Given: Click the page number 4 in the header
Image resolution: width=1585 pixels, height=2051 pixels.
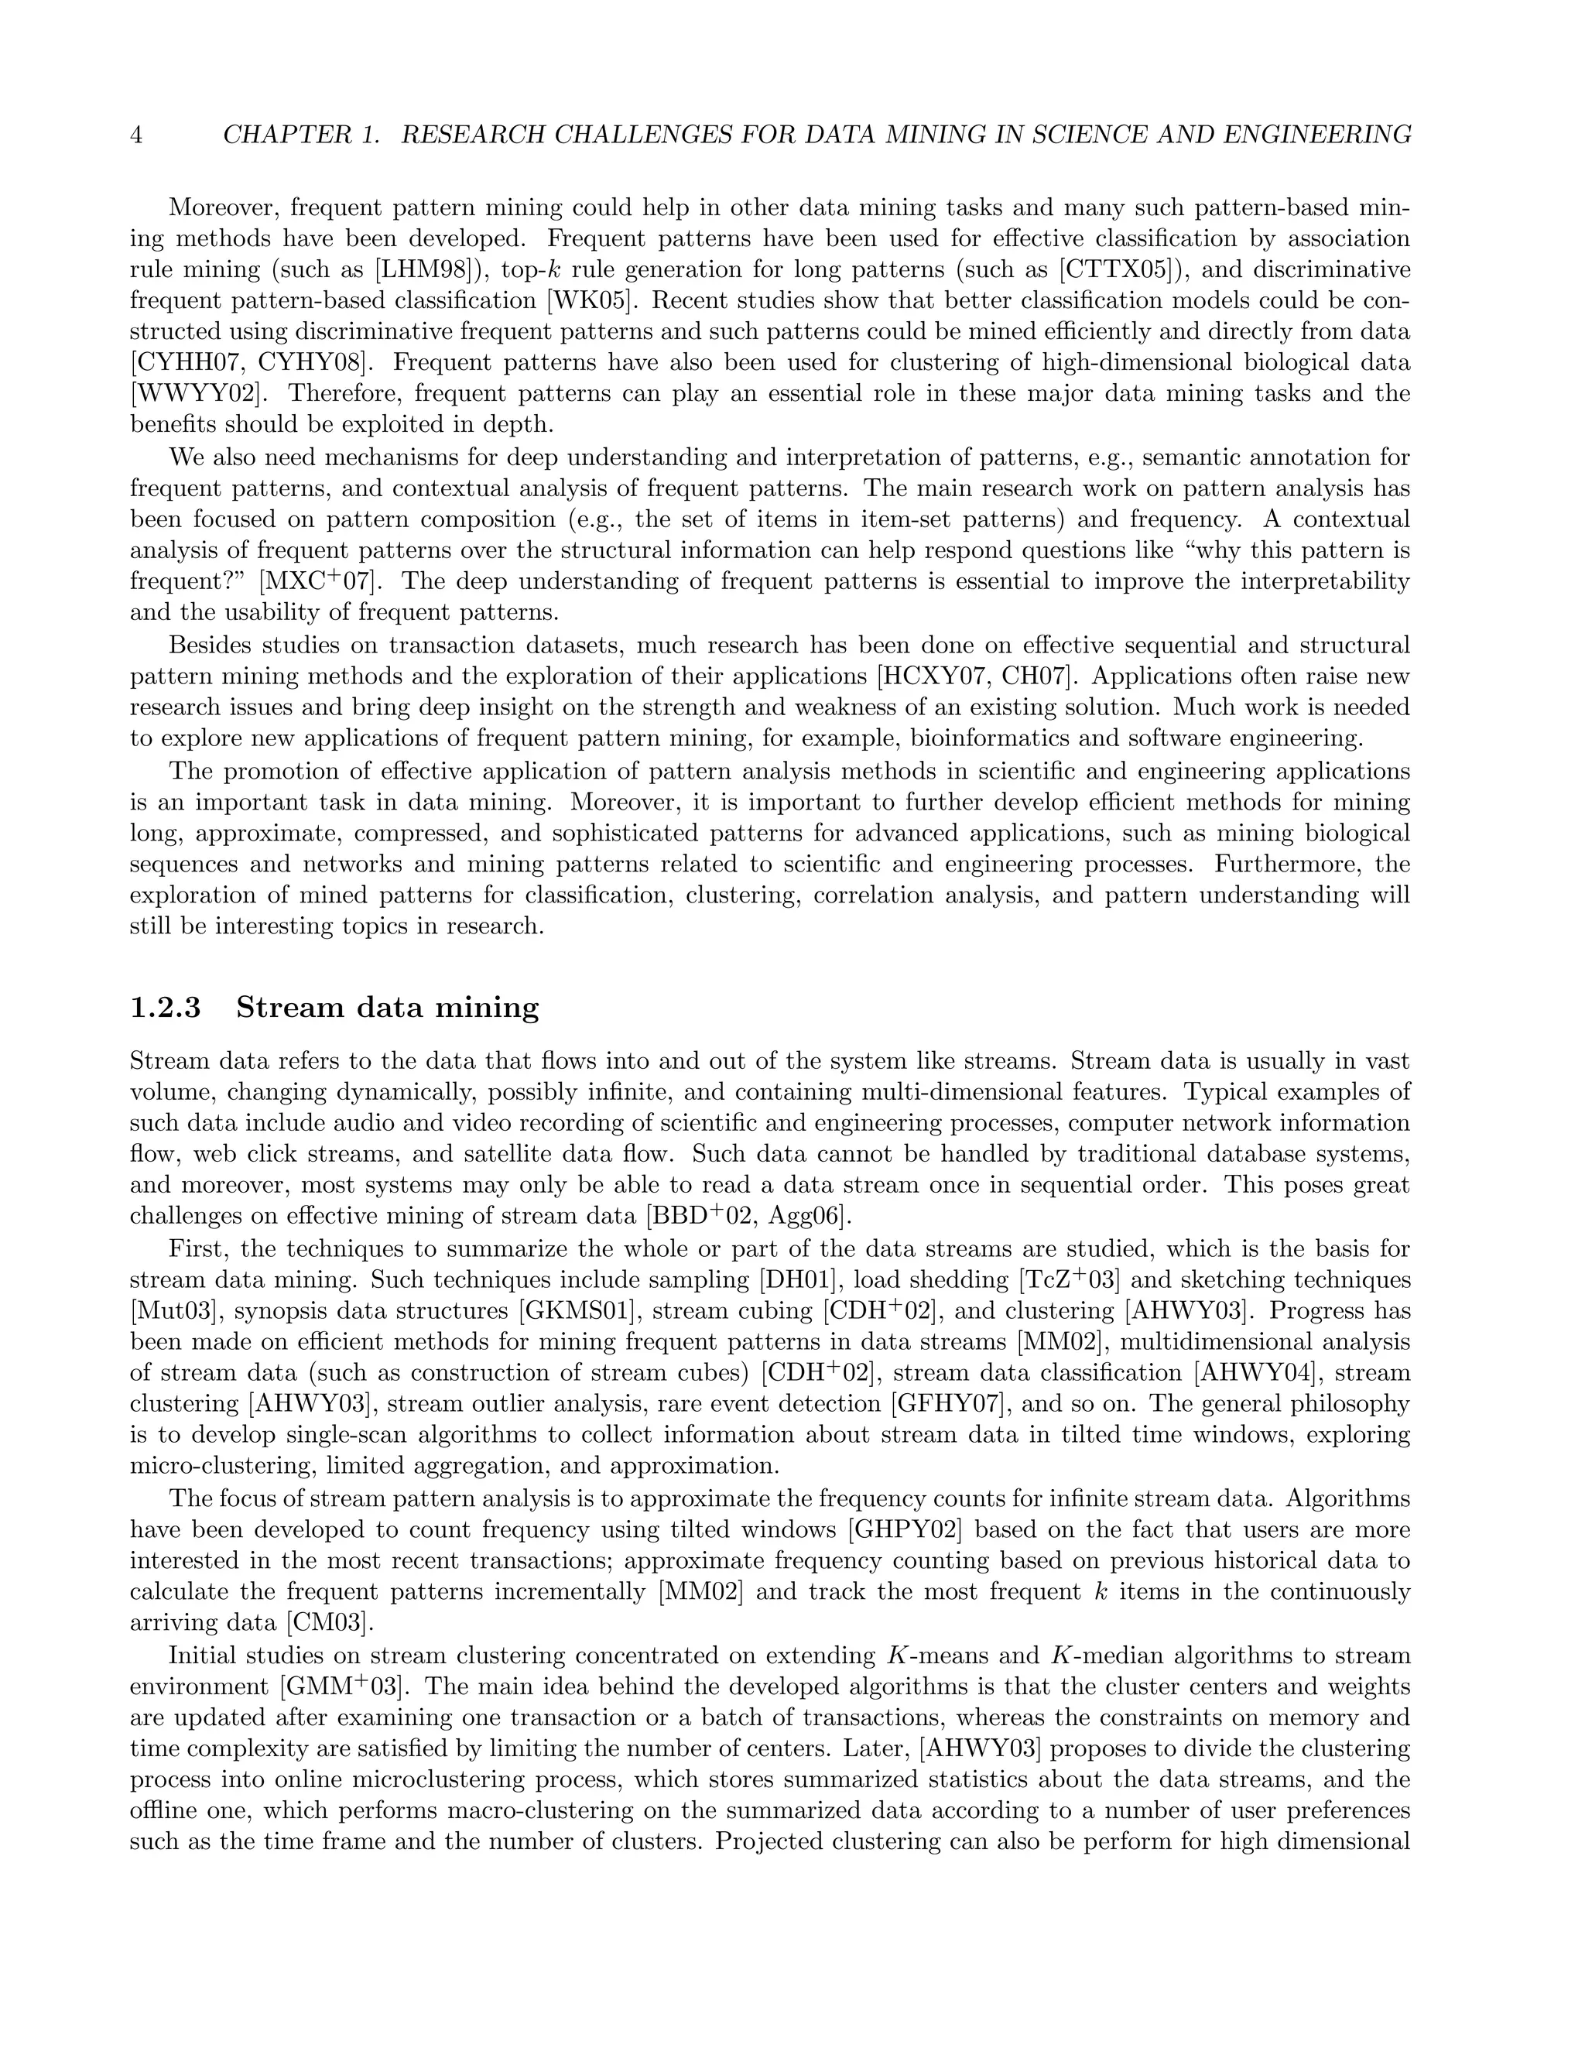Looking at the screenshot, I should click(x=136, y=135).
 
